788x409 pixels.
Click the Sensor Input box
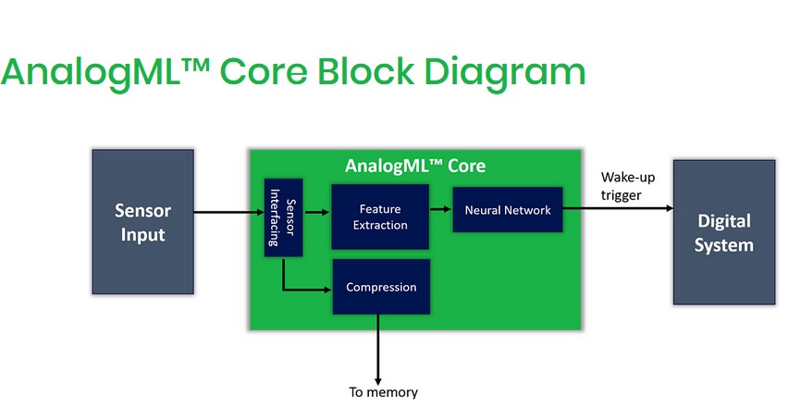point(142,222)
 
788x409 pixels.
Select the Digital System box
point(723,232)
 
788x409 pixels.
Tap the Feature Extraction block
point(380,217)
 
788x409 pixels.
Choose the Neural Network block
point(507,210)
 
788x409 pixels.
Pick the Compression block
point(381,287)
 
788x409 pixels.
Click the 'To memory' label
point(383,392)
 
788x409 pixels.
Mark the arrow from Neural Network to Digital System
point(617,208)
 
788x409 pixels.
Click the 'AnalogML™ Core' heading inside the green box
point(414,167)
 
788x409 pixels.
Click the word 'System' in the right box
point(723,245)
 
